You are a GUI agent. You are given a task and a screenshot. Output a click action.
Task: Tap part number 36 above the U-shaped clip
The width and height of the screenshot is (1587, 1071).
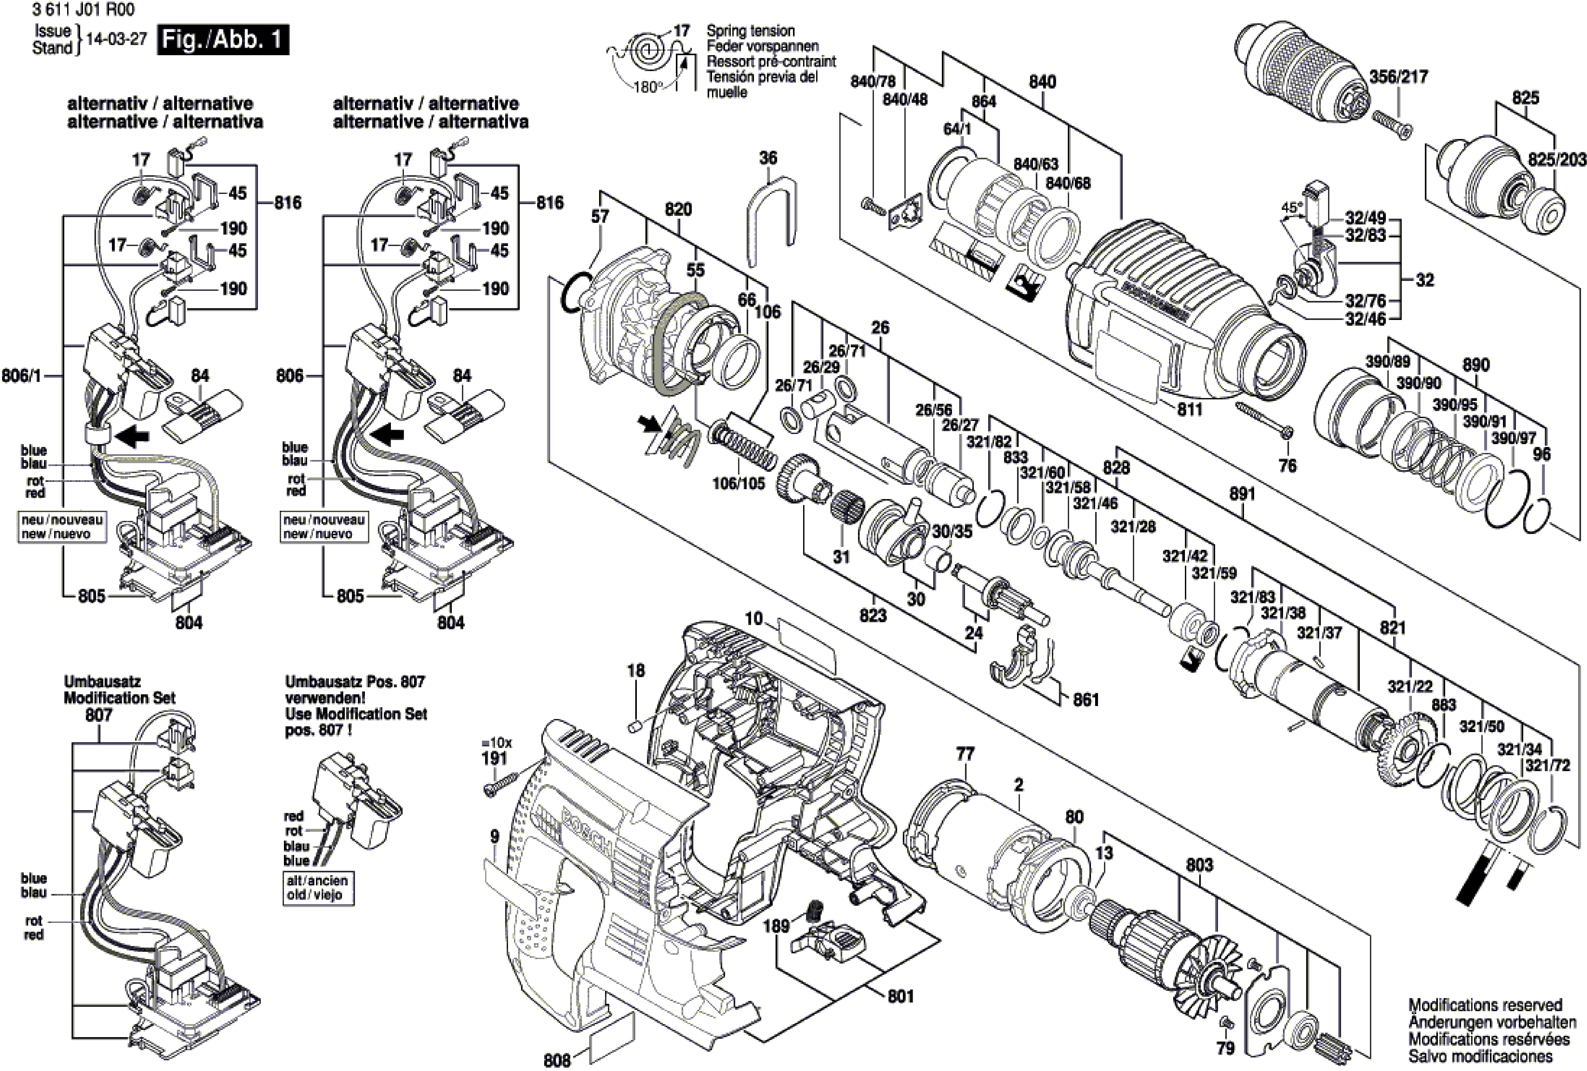click(x=768, y=158)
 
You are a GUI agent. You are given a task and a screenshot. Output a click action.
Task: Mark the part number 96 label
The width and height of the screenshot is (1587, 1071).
click(x=1542, y=453)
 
